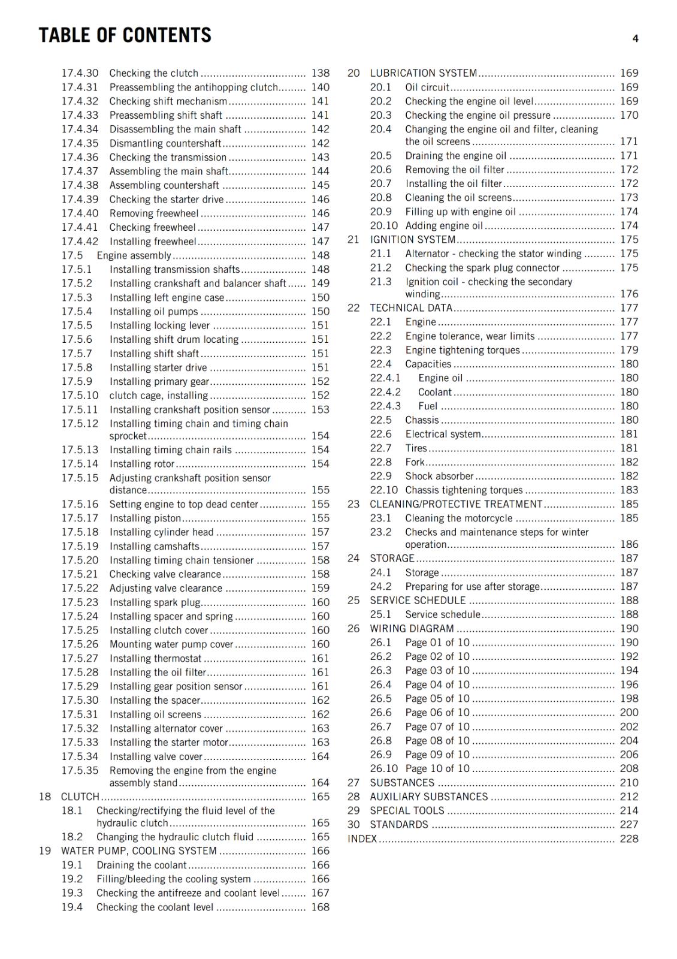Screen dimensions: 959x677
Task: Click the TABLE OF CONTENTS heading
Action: point(125,35)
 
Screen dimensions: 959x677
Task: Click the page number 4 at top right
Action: point(635,39)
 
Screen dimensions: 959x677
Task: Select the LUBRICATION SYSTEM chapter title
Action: point(423,73)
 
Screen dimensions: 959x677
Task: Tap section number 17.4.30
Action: point(80,73)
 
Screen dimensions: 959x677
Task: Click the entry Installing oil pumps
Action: point(153,312)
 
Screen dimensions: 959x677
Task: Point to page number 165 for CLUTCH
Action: point(320,797)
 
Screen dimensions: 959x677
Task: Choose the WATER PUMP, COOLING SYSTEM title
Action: point(138,851)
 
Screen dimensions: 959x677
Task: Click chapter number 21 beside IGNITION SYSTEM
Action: point(353,240)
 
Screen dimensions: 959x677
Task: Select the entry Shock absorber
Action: point(439,476)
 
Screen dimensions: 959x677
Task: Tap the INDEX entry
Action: point(362,839)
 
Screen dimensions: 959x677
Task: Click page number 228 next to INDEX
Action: point(629,839)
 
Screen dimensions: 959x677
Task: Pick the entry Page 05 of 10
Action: point(437,699)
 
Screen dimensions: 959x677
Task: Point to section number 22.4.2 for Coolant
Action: point(385,392)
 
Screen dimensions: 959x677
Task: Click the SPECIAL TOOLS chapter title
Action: point(407,811)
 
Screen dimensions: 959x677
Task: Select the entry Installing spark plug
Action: point(155,602)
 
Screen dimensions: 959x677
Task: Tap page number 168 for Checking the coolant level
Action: point(320,907)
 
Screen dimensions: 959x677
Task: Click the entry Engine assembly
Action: point(134,255)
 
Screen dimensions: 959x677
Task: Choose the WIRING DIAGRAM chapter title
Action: point(412,629)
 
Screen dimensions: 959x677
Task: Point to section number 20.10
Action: point(383,226)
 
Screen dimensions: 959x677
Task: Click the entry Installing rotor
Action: point(142,464)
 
